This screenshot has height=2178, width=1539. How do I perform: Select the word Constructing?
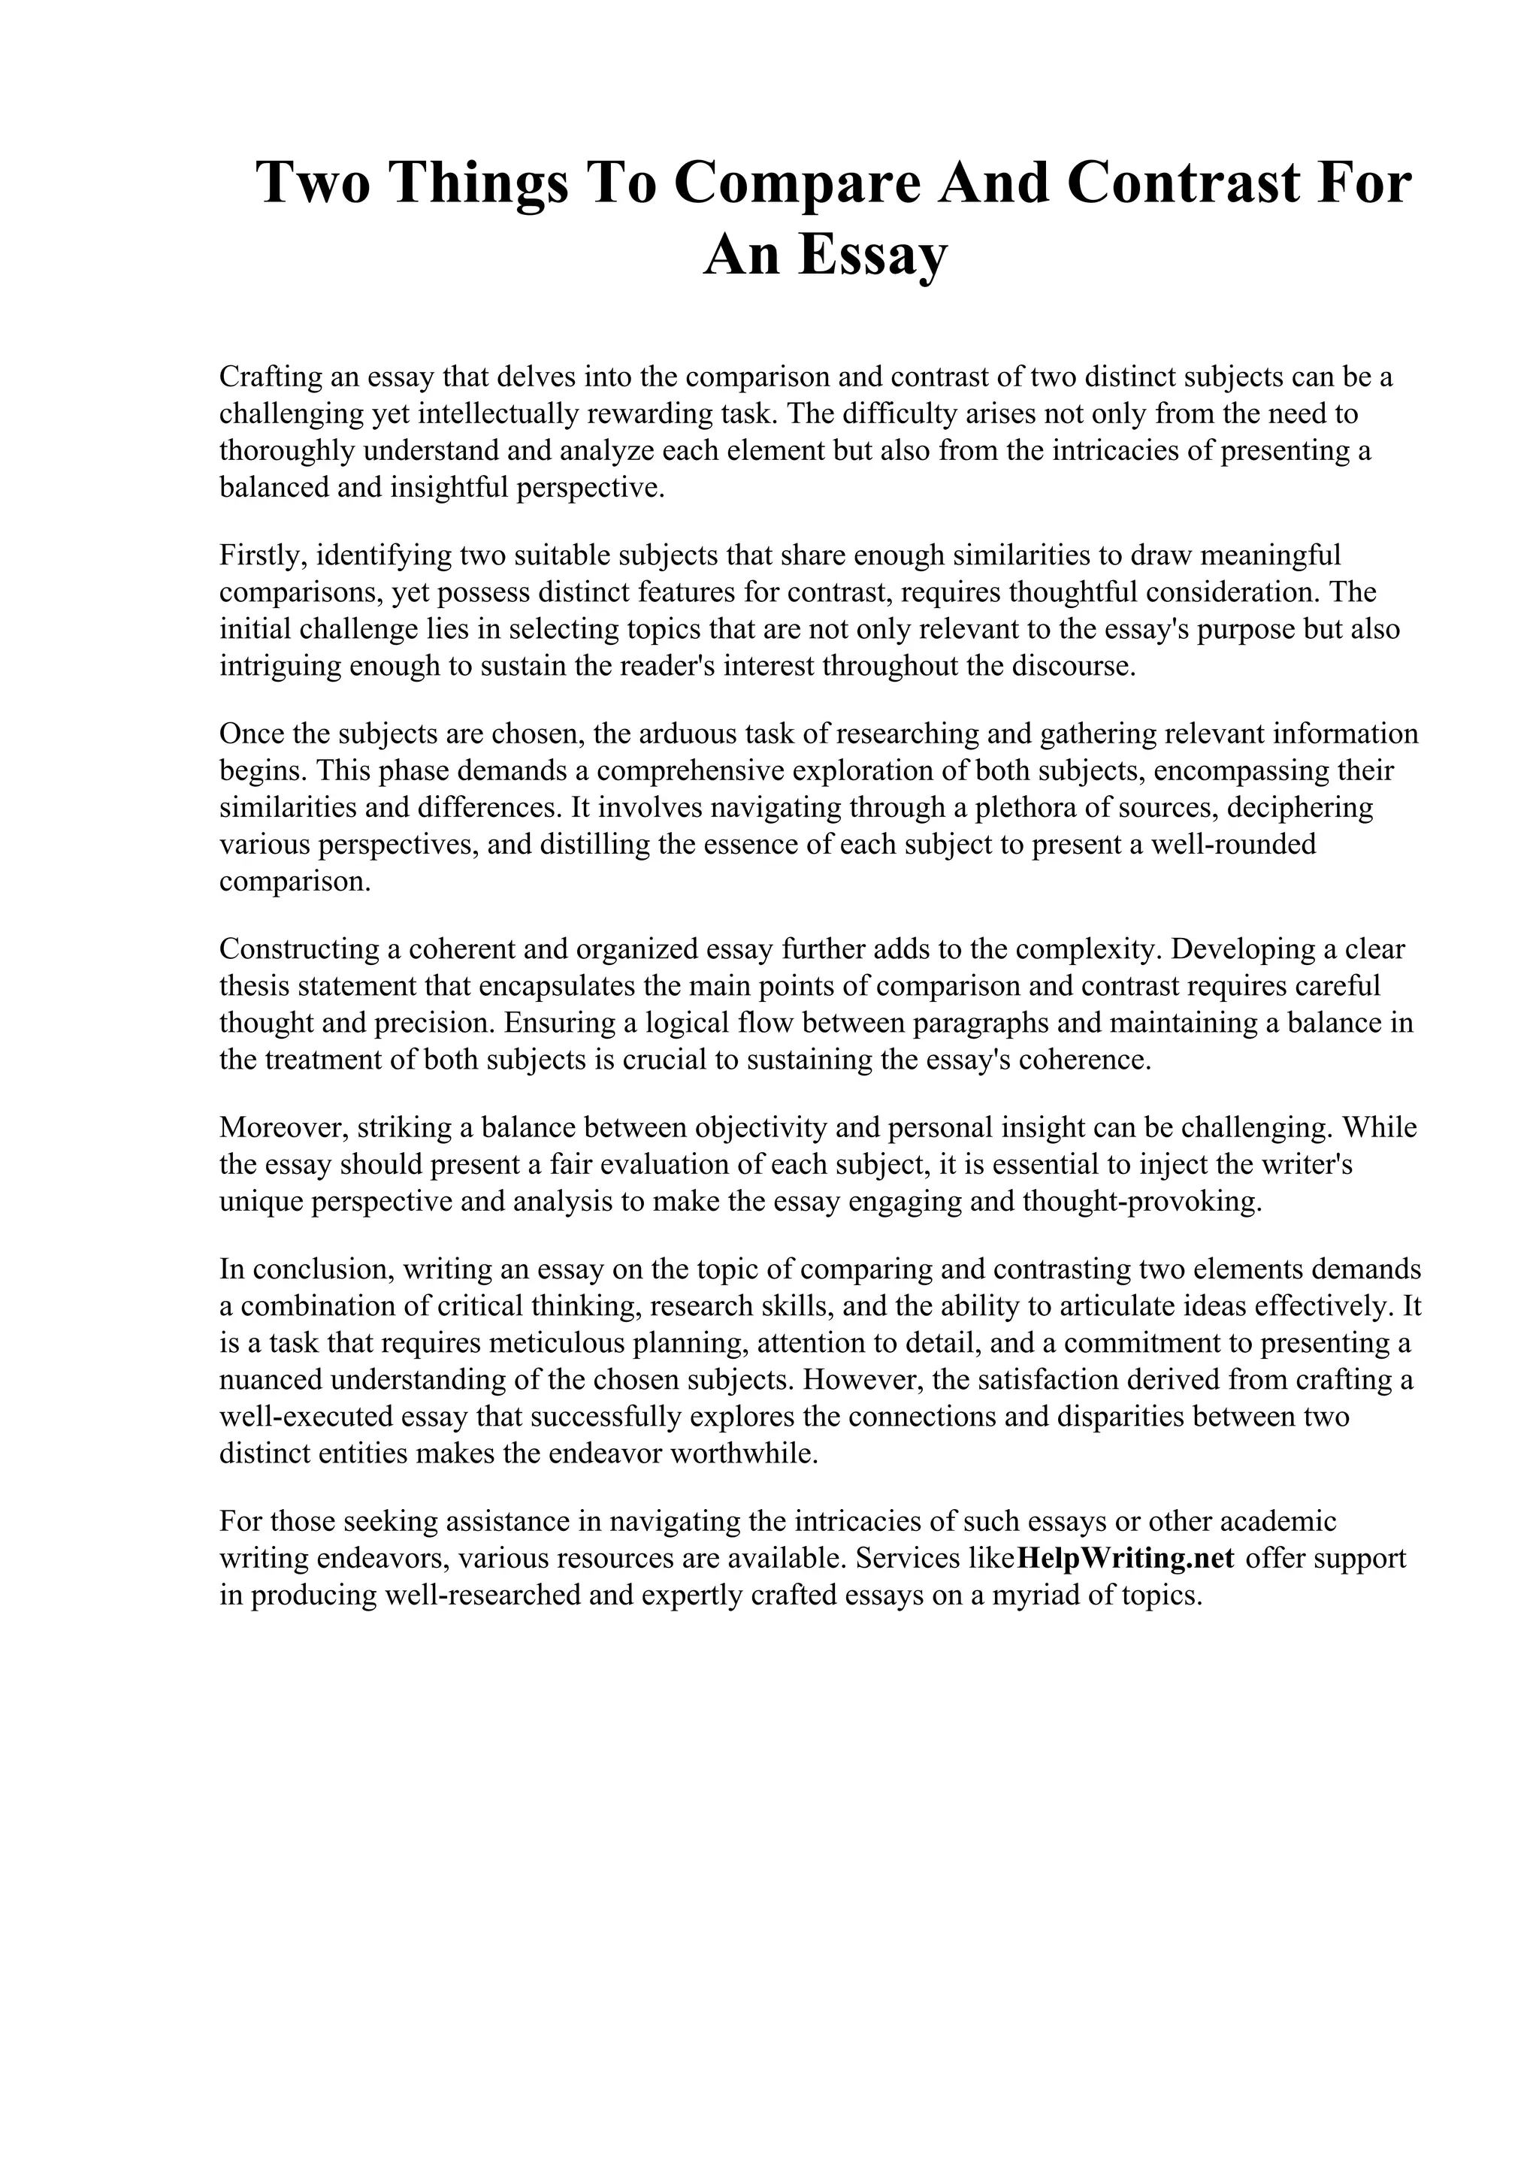[294, 948]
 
